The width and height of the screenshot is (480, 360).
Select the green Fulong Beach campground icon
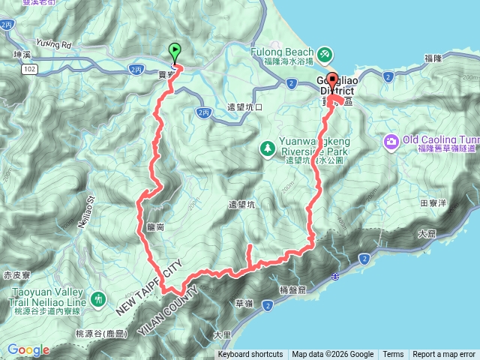coord(325,54)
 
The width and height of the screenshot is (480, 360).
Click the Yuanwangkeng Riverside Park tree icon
coord(267,148)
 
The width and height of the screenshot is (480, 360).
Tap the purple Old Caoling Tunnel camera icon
coord(391,141)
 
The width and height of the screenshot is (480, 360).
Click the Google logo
coord(28,349)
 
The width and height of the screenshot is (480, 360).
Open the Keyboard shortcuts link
coord(250,355)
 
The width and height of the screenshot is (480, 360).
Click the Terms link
coord(393,355)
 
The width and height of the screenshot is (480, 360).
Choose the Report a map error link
coord(444,355)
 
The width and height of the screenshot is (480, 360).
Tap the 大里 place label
coord(221,334)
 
